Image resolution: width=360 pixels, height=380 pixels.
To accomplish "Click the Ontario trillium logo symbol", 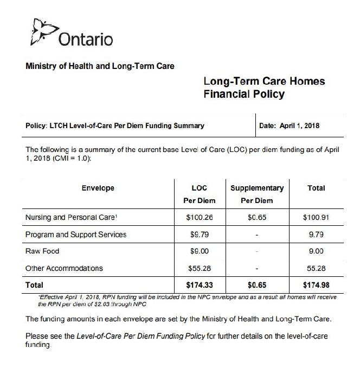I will pyautogui.click(x=41, y=31).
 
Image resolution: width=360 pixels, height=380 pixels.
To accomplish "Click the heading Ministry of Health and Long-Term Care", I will pyautogui.click(x=100, y=66).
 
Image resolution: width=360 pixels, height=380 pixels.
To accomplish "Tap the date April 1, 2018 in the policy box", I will pyautogui.click(x=290, y=125).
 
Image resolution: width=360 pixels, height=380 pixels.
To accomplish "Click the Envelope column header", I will pyautogui.click(x=98, y=188).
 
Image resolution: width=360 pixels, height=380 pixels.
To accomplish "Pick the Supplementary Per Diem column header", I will pyautogui.click(x=257, y=194).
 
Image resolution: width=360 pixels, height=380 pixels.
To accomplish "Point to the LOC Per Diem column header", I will pyautogui.click(x=200, y=194).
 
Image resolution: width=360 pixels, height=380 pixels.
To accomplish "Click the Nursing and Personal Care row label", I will pyautogui.click(x=71, y=217).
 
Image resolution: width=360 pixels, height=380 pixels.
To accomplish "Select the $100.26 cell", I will pyautogui.click(x=200, y=218).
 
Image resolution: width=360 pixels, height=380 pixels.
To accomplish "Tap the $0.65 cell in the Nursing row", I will pyautogui.click(x=257, y=218).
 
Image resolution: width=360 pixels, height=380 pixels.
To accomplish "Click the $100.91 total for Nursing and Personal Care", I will pyautogui.click(x=316, y=218).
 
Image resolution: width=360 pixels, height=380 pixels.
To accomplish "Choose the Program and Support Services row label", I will pyautogui.click(x=76, y=235).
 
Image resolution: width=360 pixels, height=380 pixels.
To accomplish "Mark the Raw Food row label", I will pyautogui.click(x=42, y=251).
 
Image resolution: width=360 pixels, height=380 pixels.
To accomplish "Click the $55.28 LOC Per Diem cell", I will pyautogui.click(x=200, y=268).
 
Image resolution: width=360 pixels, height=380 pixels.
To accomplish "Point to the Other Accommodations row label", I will pyautogui.click(x=64, y=268).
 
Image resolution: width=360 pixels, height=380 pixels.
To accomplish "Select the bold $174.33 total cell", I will pyautogui.click(x=200, y=284).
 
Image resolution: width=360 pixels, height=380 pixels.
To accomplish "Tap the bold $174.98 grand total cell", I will pyautogui.click(x=316, y=284).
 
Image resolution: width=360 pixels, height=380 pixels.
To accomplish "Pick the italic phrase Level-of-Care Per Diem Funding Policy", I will pyautogui.click(x=140, y=336).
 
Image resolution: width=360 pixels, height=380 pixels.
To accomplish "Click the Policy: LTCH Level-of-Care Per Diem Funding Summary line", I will pyautogui.click(x=115, y=125).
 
